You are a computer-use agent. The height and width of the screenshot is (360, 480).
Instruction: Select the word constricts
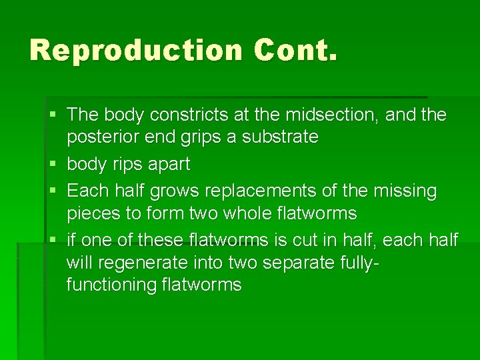pyautogui.click(x=184, y=115)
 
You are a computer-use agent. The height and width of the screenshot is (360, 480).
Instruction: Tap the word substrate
pyautogui.click(x=279, y=137)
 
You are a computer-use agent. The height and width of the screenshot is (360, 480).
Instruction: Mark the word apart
pyautogui.click(x=170, y=164)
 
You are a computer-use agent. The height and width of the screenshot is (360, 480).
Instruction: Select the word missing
pyautogui.click(x=405, y=191)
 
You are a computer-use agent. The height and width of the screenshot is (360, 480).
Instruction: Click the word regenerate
pyautogui.click(x=150, y=263)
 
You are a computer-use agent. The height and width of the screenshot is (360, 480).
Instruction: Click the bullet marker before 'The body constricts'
pyautogui.click(x=54, y=115)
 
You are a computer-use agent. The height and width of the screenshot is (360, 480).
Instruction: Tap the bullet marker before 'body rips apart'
pyautogui.click(x=54, y=164)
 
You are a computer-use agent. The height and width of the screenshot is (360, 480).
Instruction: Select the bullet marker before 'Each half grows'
pyautogui.click(x=54, y=191)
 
